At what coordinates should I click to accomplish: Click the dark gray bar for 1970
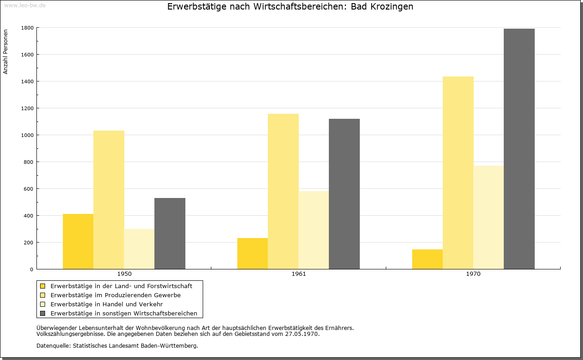[x=519, y=149]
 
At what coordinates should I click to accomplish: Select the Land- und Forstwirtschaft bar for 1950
[x=78, y=241]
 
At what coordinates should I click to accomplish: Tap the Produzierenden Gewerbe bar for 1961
[x=283, y=192]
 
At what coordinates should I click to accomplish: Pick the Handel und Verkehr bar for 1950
[x=139, y=249]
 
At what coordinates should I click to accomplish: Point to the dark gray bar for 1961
[x=344, y=194]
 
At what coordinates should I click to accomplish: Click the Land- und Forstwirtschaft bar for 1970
[x=427, y=259]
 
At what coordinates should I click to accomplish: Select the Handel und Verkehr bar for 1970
[x=489, y=217]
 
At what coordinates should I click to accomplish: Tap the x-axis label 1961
[x=299, y=274]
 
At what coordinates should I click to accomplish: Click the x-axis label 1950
[x=124, y=274]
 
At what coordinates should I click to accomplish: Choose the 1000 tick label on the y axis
[x=27, y=135]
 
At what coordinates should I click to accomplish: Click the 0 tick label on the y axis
[x=31, y=269]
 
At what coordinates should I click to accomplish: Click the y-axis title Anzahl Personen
[x=5, y=52]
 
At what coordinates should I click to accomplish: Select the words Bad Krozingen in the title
[x=382, y=6]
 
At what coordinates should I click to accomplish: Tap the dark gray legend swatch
[x=42, y=314]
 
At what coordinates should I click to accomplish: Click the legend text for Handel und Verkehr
[x=107, y=304]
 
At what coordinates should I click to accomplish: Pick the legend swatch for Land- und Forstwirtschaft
[x=42, y=286]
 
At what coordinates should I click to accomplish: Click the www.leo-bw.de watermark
[x=25, y=5]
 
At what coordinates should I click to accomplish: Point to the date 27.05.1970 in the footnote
[x=302, y=334]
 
